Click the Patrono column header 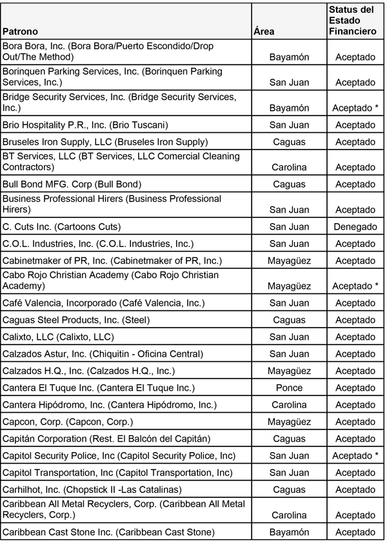(21, 32)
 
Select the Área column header (264, 32)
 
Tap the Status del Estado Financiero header (352, 21)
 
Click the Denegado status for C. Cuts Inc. (355, 227)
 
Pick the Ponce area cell (288, 388)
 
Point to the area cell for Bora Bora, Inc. (288, 57)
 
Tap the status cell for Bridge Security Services (355, 108)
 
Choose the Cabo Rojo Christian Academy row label (110, 280)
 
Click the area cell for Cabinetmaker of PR (288, 261)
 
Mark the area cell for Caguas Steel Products (288, 320)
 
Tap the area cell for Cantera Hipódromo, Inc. (288, 405)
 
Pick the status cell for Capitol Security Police (355, 456)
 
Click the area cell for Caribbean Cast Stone (288, 532)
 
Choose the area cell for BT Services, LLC (288, 167)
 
